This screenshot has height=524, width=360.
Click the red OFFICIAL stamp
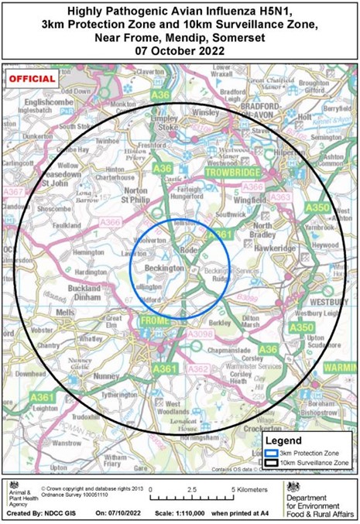[x=33, y=79]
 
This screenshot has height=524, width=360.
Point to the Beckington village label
[x=163, y=266]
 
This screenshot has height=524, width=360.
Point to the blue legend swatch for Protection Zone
[x=270, y=451]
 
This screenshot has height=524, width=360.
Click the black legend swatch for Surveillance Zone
[x=270, y=462]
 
